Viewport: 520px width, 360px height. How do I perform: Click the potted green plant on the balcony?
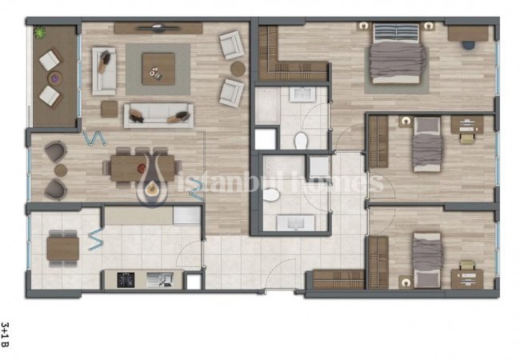pos(40,32)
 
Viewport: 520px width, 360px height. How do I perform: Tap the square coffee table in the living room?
pos(158,69)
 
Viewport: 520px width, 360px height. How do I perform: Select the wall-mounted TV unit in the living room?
pos(158,28)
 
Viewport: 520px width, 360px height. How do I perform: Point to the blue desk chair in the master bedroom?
pos(469,45)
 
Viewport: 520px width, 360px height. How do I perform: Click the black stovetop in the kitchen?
pos(126,280)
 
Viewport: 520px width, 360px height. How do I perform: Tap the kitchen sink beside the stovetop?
pos(160,279)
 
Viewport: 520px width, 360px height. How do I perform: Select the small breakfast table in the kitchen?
pos(63,249)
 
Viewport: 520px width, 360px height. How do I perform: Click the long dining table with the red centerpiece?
pos(142,168)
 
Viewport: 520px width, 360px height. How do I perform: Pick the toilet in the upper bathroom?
pos(301,141)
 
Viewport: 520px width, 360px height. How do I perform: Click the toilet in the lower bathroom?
pos(271,195)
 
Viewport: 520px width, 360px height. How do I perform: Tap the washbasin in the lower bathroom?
pos(296,222)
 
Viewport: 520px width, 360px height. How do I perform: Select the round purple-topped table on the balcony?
pos(55,78)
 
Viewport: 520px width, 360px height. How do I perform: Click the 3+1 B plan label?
pos(6,334)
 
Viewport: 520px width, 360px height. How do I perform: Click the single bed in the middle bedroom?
pos(427,145)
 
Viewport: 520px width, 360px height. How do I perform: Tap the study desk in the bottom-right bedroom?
pos(467,279)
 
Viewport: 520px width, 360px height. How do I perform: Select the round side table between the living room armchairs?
pos(238,69)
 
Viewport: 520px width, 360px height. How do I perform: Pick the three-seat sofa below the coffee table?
pos(158,115)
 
